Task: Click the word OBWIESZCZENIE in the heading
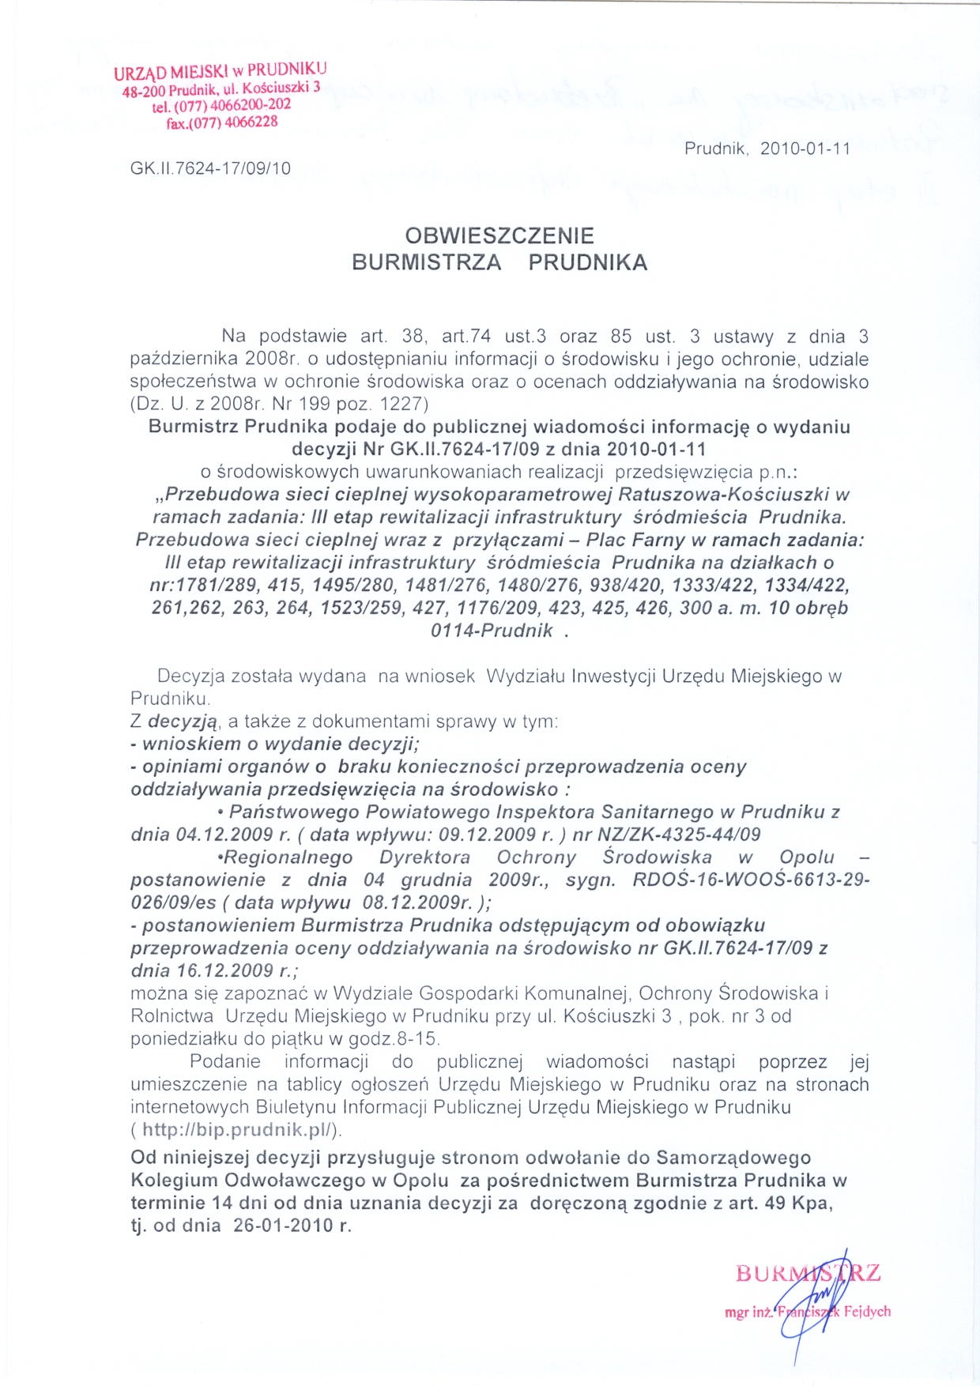pyautogui.click(x=499, y=235)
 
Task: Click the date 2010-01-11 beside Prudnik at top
pyautogui.click(x=805, y=149)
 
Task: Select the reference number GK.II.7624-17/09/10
pyautogui.click(x=210, y=168)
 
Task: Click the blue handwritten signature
pyautogui.click(x=814, y=1304)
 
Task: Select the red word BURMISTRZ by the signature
pyautogui.click(x=808, y=1274)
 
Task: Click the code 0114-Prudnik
pyautogui.click(x=492, y=631)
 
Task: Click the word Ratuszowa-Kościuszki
pyautogui.click(x=723, y=495)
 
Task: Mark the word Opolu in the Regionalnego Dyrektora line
pyautogui.click(x=806, y=857)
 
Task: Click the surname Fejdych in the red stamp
pyautogui.click(x=867, y=1311)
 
